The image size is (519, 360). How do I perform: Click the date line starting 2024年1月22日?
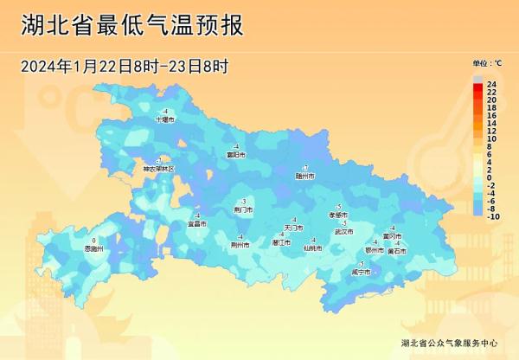pyautogui.click(x=125, y=67)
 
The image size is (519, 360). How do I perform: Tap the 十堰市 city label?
pyautogui.click(x=164, y=120)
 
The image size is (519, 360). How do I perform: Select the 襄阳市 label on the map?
pyautogui.click(x=236, y=155)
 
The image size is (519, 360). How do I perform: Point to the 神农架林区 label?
pyautogui.click(x=158, y=169)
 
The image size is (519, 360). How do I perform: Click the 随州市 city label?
pyautogui.click(x=304, y=176)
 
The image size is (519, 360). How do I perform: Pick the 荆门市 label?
pyautogui.click(x=244, y=209)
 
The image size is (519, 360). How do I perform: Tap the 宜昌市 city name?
pyautogui.click(x=197, y=224)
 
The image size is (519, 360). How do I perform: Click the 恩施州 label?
pyautogui.click(x=93, y=248)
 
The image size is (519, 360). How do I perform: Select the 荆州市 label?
pyautogui.click(x=240, y=245)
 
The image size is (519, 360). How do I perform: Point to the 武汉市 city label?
pyautogui.click(x=344, y=232)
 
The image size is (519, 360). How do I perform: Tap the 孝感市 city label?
pyautogui.click(x=338, y=215)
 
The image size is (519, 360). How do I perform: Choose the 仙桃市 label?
pyautogui.click(x=312, y=248)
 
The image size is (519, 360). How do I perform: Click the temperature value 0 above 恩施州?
pyautogui.click(x=93, y=240)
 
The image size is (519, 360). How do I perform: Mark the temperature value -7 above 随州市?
pyautogui.click(x=304, y=167)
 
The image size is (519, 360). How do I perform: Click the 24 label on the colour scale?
pyautogui.click(x=491, y=83)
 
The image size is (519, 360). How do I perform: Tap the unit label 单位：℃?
pyautogui.click(x=487, y=63)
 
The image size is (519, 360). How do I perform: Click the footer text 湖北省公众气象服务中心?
pyautogui.click(x=450, y=343)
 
